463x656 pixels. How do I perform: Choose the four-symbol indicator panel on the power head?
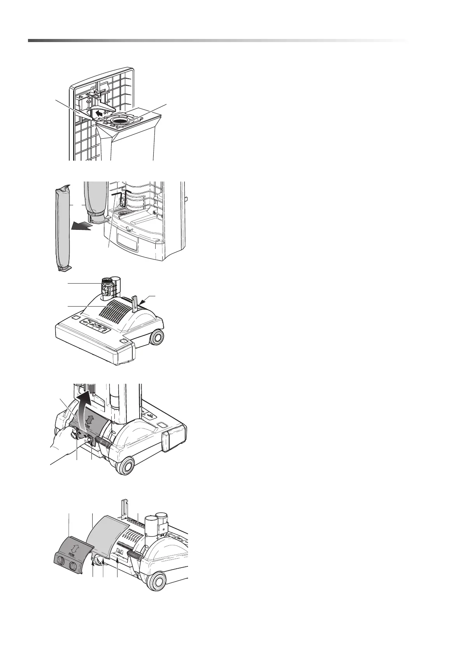click(93, 326)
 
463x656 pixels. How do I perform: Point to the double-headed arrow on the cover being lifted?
click(90, 420)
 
